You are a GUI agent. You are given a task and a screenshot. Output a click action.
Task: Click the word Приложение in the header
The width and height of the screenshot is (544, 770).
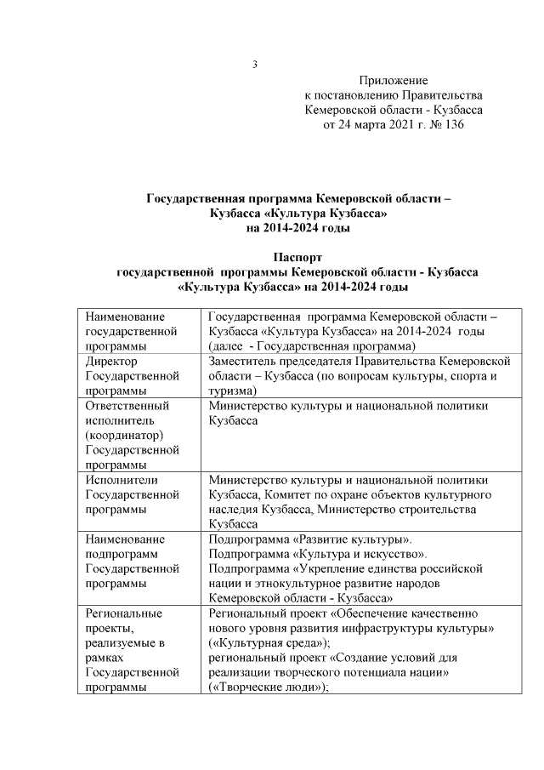[x=394, y=80]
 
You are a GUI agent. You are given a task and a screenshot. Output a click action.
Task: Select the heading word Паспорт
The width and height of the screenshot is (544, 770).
[x=297, y=257]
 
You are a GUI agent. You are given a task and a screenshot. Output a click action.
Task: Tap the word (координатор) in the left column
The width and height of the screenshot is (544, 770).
[x=124, y=436]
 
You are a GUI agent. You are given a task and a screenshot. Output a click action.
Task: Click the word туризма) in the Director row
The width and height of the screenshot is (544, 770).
[x=232, y=391]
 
